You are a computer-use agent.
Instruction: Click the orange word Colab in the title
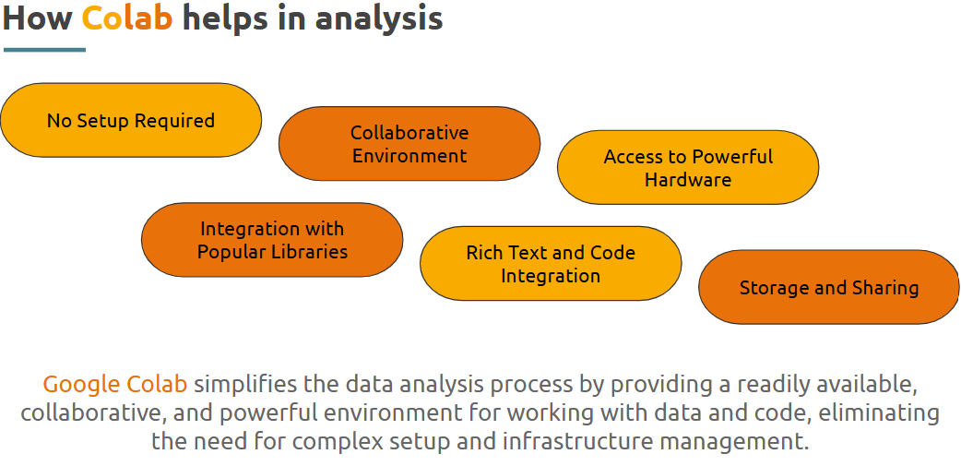pyautogui.click(x=127, y=18)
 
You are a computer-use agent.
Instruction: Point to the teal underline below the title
pyautogui.click(x=45, y=50)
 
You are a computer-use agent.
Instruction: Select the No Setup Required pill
pyautogui.click(x=131, y=120)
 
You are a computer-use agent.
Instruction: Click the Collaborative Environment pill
pyautogui.click(x=409, y=143)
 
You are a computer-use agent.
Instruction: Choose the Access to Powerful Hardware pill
pyautogui.click(x=688, y=167)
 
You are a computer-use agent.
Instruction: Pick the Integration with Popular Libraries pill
pyautogui.click(x=272, y=240)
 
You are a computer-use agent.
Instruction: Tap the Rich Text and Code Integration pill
pyautogui.click(x=551, y=264)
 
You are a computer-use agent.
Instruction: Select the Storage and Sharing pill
pyautogui.click(x=828, y=287)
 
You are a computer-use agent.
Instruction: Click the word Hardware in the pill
pyautogui.click(x=688, y=180)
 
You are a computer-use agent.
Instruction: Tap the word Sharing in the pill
pyautogui.click(x=885, y=288)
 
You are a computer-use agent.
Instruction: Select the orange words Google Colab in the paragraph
pyautogui.click(x=114, y=385)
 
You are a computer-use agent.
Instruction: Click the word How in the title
pyautogui.click(x=38, y=18)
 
